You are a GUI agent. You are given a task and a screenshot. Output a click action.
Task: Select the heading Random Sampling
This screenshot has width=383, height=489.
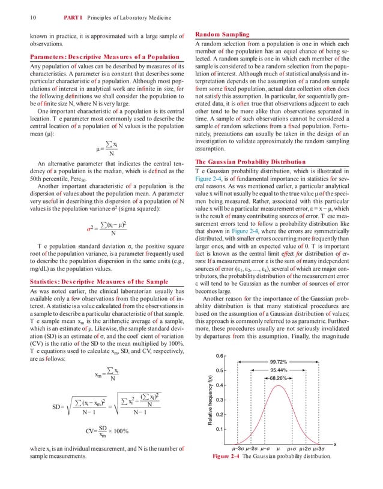[222, 35]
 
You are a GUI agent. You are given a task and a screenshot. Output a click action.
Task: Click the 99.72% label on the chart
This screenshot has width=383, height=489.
[277, 362]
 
